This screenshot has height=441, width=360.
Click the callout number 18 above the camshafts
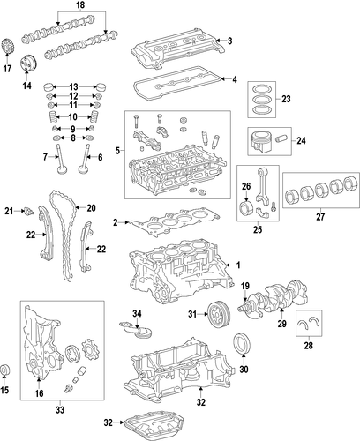click(x=80, y=4)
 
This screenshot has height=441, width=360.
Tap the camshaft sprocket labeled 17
click(x=7, y=46)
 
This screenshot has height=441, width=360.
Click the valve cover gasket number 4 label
click(x=235, y=79)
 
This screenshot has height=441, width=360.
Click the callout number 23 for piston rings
click(x=286, y=99)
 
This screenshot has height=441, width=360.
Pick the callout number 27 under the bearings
click(x=320, y=217)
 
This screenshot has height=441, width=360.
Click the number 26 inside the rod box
click(x=246, y=186)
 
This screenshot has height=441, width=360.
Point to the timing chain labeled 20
click(x=64, y=235)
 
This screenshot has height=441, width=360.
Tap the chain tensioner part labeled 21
click(x=29, y=211)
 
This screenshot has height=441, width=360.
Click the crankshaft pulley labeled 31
click(x=219, y=315)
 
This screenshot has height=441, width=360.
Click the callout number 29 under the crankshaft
click(x=281, y=324)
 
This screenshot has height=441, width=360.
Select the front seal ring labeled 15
click(x=5, y=370)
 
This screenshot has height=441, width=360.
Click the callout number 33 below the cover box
click(x=60, y=409)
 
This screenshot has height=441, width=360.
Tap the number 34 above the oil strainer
click(x=137, y=314)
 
